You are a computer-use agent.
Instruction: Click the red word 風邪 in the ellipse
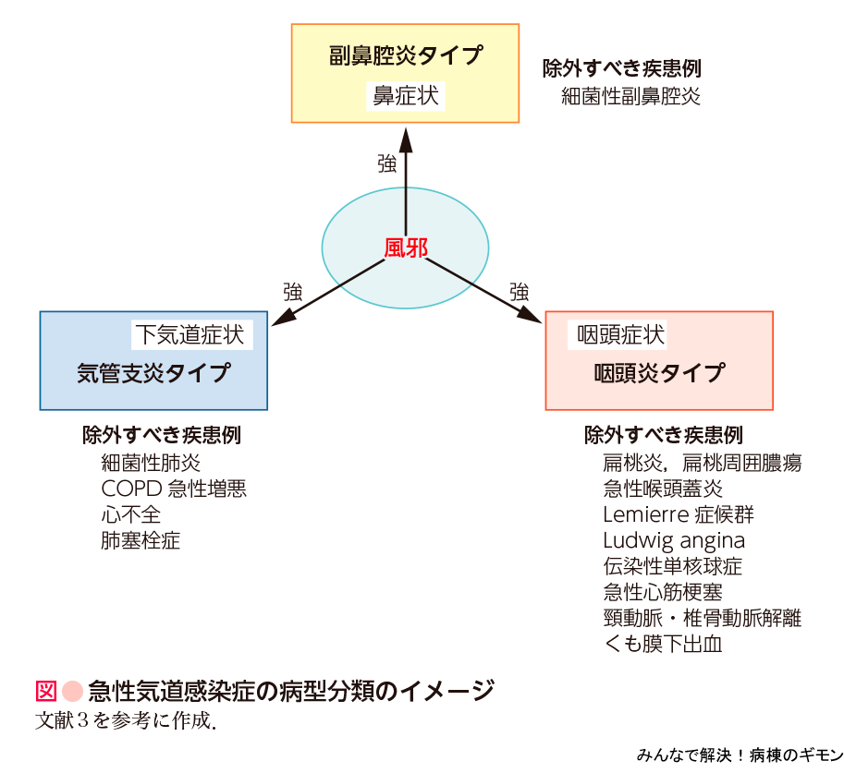click(x=406, y=248)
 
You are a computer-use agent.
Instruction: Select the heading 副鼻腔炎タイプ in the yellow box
click(x=405, y=55)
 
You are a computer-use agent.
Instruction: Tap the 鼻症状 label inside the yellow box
click(x=405, y=95)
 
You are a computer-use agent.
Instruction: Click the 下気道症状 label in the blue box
click(x=192, y=333)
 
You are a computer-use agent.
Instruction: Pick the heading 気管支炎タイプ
click(x=153, y=373)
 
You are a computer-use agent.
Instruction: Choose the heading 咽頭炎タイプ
click(x=659, y=373)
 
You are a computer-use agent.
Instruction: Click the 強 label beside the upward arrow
click(x=386, y=164)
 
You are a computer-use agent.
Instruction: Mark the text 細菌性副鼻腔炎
click(x=630, y=96)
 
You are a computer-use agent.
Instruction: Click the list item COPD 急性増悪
click(x=174, y=488)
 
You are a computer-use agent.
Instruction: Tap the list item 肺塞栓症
click(x=141, y=540)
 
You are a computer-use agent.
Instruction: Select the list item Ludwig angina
click(x=674, y=540)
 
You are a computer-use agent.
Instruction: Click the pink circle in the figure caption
click(x=73, y=691)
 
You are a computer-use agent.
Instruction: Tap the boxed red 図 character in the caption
click(x=46, y=691)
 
